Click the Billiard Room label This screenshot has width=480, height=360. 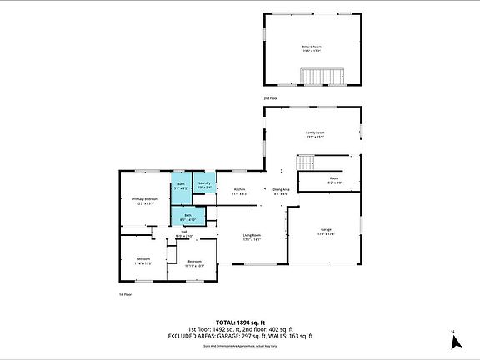point(312,49)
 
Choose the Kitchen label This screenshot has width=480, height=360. point(238,191)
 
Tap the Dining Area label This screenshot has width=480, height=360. point(281,191)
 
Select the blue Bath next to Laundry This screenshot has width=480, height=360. point(181,187)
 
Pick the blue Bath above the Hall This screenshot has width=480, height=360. point(187,218)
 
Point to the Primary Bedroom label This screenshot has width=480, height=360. point(145,201)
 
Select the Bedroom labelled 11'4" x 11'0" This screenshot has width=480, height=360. point(142,260)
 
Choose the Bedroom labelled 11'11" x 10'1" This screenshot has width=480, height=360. point(194,263)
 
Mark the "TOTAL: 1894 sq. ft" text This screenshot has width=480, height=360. point(239,322)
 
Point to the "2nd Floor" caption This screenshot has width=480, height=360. point(271,98)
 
